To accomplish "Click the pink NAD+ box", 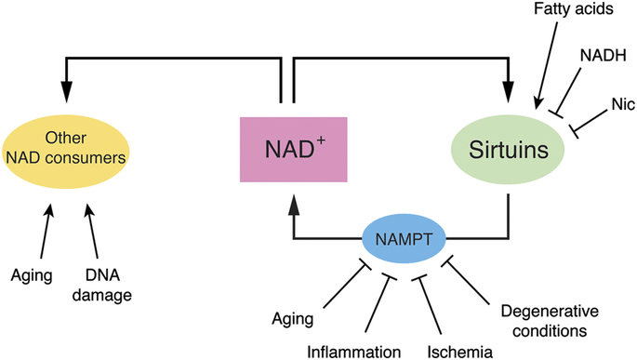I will coord(292,148).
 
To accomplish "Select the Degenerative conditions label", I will coord(544,319).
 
